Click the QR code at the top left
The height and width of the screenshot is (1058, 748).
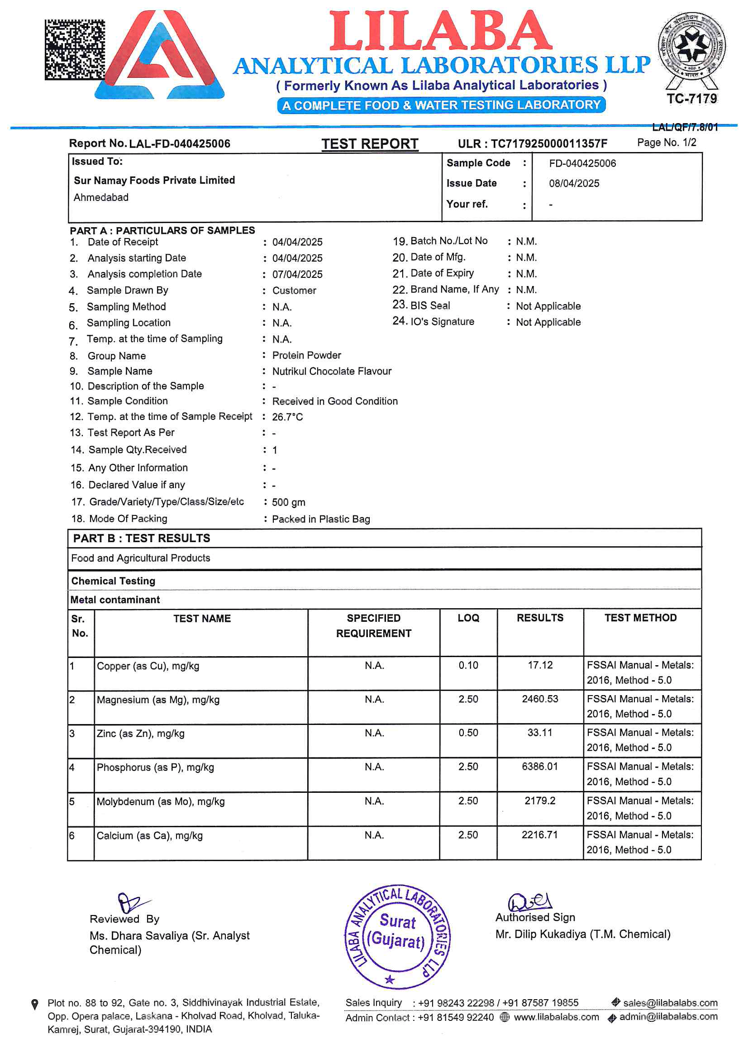[75, 49]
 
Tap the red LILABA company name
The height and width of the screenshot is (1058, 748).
[441, 31]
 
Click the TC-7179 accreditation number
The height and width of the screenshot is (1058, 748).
[691, 99]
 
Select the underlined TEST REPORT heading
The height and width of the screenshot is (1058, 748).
[370, 144]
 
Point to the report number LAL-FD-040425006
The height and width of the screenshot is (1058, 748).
[180, 144]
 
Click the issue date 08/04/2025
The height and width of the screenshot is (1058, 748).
[574, 183]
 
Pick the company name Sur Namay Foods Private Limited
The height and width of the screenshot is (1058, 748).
[154, 180]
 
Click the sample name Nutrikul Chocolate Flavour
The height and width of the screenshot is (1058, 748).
[332, 372]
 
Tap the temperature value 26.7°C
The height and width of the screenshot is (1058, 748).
[288, 417]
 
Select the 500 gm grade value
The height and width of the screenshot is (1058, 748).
[289, 502]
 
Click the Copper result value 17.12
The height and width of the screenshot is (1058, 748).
[540, 665]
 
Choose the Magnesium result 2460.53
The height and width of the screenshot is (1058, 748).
[540, 699]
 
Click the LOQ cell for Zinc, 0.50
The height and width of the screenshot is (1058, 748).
[468, 733]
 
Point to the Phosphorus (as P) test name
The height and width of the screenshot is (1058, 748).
[155, 767]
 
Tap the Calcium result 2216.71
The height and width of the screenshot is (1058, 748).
[540, 835]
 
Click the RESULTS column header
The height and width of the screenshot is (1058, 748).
[540, 618]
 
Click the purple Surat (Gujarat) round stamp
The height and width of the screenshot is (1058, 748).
[398, 936]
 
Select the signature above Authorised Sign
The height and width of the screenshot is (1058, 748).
[529, 901]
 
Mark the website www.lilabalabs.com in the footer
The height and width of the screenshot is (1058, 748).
[556, 1017]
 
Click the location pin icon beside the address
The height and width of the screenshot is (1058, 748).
[34, 1004]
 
